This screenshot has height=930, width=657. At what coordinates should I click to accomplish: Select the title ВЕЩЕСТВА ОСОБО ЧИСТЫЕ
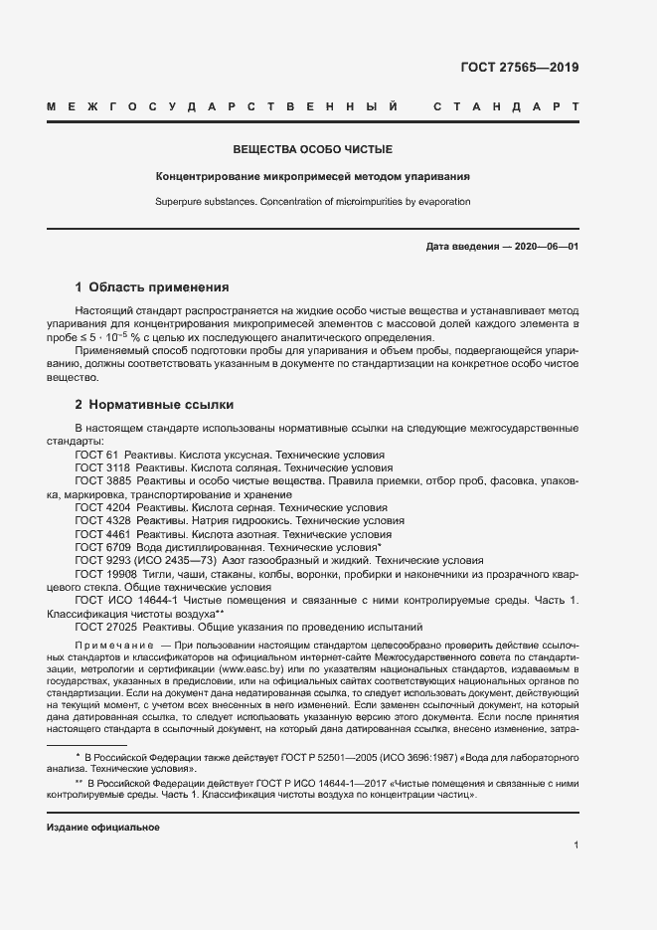[313, 150]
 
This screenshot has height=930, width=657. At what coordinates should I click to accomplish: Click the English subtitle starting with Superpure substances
[312, 201]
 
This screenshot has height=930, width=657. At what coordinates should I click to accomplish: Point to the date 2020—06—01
[544, 247]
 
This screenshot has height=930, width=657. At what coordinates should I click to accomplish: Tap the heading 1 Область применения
[152, 286]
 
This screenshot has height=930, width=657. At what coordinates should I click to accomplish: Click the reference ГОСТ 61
[95, 455]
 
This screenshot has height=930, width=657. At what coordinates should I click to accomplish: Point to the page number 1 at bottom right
[576, 845]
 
